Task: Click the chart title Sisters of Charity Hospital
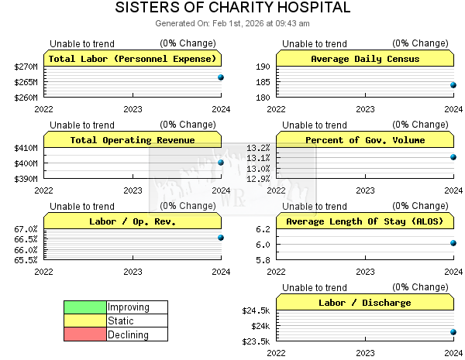point(232,8)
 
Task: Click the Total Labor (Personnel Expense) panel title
point(133,59)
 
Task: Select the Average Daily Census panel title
point(365,59)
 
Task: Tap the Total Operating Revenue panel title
point(133,140)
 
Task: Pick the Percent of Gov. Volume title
point(365,140)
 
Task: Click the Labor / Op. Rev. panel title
point(133,221)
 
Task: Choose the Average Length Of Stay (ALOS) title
point(365,221)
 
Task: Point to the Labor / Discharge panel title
point(365,303)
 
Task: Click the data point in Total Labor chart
point(221,77)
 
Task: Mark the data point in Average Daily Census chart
point(453,85)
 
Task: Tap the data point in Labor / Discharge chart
point(453,332)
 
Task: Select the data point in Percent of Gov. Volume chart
point(453,157)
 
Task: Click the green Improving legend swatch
point(85,307)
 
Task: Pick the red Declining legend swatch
point(85,335)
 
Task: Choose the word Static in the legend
point(121,321)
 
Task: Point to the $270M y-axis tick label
point(26,67)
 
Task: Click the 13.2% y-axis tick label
point(258,148)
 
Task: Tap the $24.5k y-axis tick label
point(256,310)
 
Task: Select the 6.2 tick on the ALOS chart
point(261,229)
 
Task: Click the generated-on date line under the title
point(232,23)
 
